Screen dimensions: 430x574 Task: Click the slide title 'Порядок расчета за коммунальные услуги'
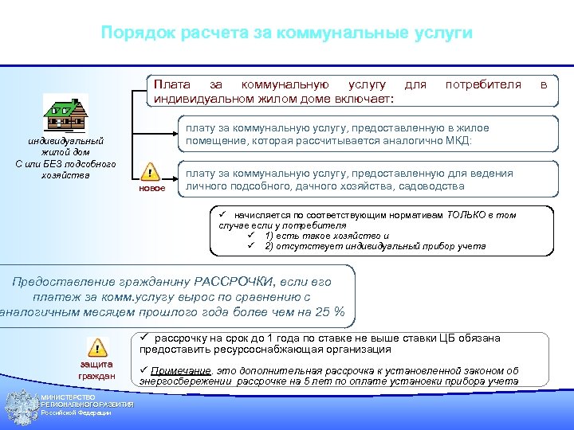287,33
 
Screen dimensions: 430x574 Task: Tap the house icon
65,113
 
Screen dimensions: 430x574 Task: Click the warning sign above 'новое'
149,173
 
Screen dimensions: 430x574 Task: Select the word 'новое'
151,190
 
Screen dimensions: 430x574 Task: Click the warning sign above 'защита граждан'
96,347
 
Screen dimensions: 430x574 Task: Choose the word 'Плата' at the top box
171,84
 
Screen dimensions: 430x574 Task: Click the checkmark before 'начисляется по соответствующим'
224,215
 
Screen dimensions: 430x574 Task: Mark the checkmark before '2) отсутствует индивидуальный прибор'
250,246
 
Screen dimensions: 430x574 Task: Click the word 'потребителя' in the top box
483,84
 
